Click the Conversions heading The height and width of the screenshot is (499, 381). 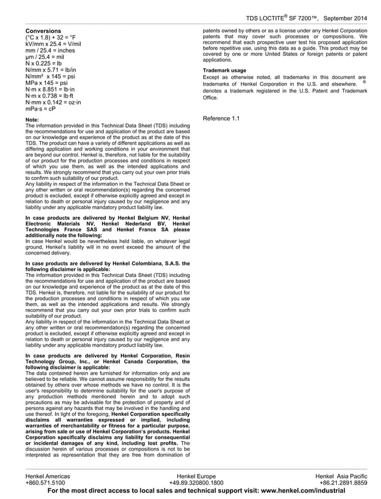[x=43, y=30]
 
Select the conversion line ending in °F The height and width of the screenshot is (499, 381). [x=51, y=37]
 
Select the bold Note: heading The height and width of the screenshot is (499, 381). [x=32, y=120]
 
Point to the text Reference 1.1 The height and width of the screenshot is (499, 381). [x=221, y=118]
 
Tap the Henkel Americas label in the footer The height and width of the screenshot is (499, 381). [x=48, y=476]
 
